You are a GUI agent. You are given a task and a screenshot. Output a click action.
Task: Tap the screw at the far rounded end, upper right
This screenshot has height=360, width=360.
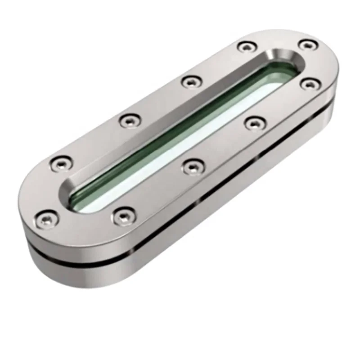(x=308, y=45)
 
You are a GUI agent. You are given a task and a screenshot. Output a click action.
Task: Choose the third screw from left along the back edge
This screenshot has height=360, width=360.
(x=191, y=81)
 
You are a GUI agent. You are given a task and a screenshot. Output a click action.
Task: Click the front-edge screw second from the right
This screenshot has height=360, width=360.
(x=255, y=122)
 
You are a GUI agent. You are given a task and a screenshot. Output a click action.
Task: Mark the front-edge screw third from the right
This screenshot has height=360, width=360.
(x=192, y=166)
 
